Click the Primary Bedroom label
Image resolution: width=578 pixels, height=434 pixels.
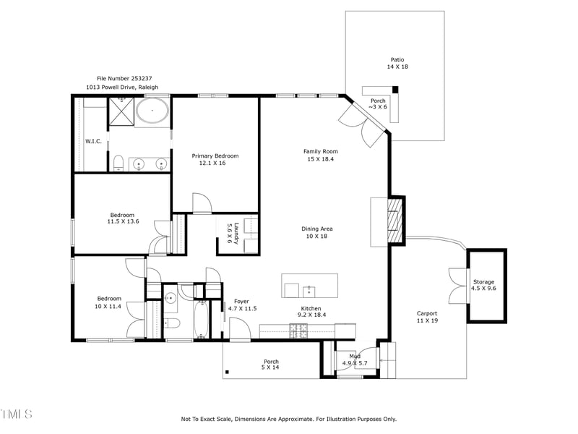pos(215,159)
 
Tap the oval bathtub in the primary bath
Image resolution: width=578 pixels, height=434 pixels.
pos(152,113)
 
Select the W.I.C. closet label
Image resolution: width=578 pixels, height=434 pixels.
pos(92,141)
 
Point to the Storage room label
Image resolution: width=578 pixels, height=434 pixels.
pos(484,285)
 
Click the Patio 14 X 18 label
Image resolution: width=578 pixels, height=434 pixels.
pos(397,63)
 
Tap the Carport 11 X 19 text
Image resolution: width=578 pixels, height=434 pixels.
pos(427,317)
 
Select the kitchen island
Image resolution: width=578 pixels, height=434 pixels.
pos(310,285)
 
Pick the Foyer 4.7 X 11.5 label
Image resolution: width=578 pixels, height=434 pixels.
pos(242,305)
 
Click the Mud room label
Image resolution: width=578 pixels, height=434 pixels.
pos(355,359)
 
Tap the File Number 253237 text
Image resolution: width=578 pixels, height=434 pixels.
pos(124,78)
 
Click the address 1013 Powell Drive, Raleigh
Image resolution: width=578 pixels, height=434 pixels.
pos(122,87)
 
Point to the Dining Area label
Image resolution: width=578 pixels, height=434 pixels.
pos(317,232)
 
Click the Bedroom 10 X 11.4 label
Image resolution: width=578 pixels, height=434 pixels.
pos(109,302)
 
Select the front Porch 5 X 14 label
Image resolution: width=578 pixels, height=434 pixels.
pos(271,365)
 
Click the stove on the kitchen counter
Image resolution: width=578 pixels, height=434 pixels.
pos(298,331)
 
